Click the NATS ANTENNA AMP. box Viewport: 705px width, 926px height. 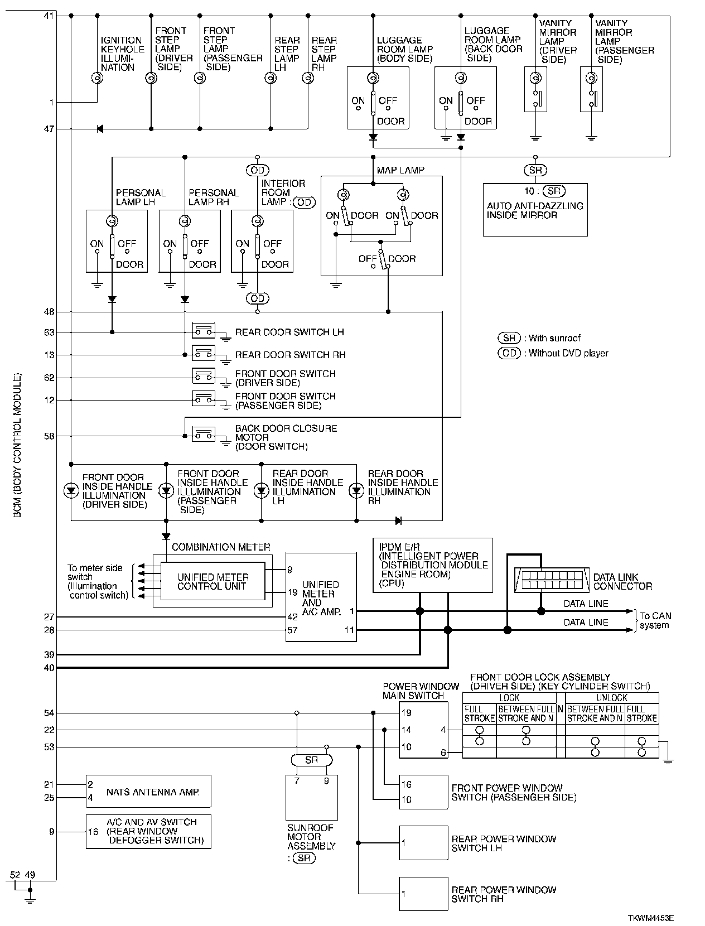click(148, 791)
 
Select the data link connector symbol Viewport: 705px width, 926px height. click(552, 580)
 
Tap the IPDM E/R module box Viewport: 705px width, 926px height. click(433, 565)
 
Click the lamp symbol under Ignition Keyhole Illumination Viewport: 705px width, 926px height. click(98, 78)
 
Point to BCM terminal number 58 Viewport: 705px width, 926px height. click(49, 436)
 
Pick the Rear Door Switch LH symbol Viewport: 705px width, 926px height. click(204, 331)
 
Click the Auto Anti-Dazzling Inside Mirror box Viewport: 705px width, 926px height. click(535, 210)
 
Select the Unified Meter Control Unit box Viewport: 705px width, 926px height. click(213, 581)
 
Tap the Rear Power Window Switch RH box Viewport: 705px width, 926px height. click(423, 894)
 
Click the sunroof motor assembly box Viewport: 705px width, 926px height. click(312, 797)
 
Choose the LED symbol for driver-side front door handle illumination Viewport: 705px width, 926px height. click(71, 490)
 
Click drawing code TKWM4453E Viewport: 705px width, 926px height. click(650, 918)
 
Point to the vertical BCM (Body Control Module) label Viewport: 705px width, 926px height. click(17, 445)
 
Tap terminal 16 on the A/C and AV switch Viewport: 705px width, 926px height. click(93, 832)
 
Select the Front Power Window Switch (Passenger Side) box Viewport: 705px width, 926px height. click(423, 792)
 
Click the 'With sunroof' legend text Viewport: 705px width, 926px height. click(554, 338)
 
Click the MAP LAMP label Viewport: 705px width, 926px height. click(400, 170)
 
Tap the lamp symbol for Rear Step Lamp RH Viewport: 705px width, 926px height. click(308, 78)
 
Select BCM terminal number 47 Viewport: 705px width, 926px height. click(49, 129)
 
